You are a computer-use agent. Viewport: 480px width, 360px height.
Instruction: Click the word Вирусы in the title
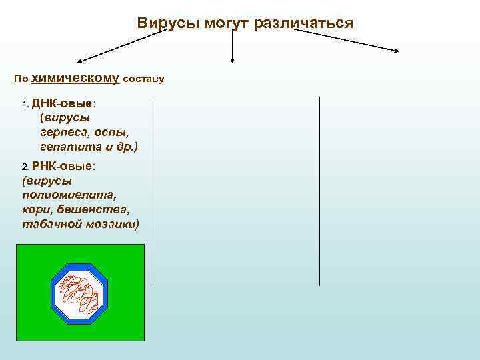[164, 23]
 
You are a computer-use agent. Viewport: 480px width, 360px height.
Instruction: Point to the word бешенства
[90, 209]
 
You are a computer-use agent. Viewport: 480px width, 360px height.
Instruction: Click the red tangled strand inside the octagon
[79, 293]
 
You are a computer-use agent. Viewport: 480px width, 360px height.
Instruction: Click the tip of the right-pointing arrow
[398, 51]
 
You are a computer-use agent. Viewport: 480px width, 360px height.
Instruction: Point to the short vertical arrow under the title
[232, 47]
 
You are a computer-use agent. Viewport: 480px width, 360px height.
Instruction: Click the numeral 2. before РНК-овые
[25, 167]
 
